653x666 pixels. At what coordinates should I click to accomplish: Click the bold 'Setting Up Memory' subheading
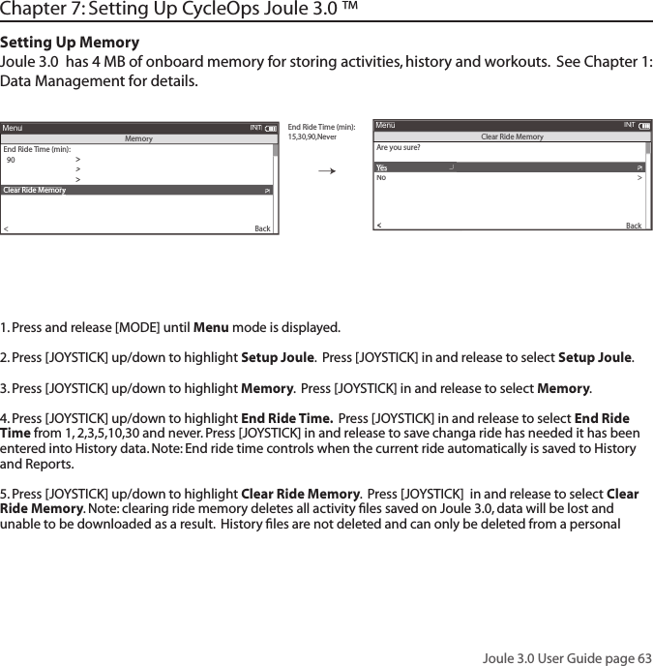click(70, 43)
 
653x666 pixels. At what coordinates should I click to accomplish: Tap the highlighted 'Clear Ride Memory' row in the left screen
click(136, 191)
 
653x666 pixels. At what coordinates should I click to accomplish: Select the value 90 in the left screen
click(11, 160)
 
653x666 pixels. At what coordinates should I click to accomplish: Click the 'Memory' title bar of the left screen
click(138, 138)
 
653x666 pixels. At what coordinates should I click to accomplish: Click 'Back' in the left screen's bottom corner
click(262, 229)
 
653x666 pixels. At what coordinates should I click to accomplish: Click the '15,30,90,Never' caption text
click(312, 136)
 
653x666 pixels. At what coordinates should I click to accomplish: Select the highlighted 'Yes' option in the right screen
click(382, 167)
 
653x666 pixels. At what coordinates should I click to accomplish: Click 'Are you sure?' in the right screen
click(398, 148)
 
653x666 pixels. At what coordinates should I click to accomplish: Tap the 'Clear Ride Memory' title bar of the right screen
click(512, 136)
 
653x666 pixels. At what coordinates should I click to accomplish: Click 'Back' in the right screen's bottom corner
click(634, 226)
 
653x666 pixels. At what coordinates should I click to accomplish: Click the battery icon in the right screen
click(644, 125)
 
